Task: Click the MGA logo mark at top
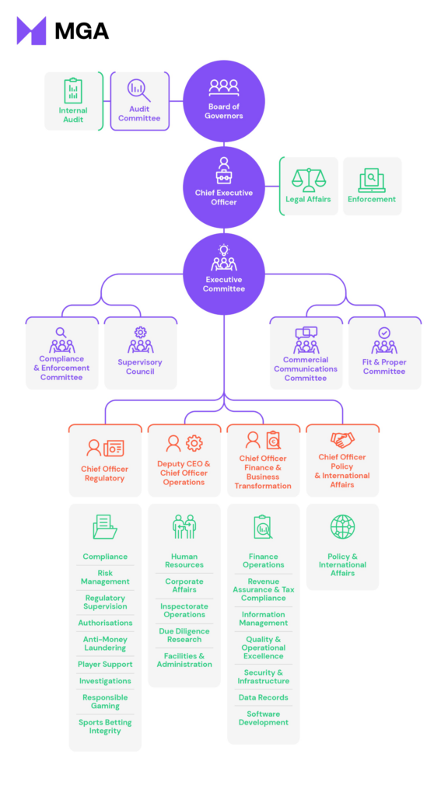[31, 31]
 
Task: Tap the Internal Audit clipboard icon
[73, 91]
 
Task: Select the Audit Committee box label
[139, 114]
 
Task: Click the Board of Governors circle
[224, 101]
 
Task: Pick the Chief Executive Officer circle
[224, 187]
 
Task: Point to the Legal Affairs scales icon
[309, 180]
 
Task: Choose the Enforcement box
[372, 187]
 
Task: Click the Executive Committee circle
[224, 274]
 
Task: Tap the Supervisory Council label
[140, 367]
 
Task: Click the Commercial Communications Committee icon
[306, 340]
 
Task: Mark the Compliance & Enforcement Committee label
[61, 368]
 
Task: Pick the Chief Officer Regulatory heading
[104, 473]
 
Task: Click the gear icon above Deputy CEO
[194, 443]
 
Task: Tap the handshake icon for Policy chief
[342, 439]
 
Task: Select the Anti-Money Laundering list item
[105, 644]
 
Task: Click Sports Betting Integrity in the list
[105, 727]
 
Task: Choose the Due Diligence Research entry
[184, 635]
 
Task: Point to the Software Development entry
[264, 718]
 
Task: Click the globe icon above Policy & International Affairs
[342, 526]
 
